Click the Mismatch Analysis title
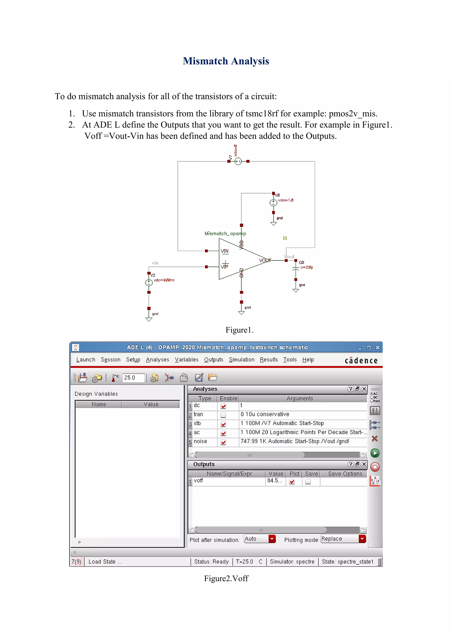(226, 61)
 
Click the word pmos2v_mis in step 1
(353, 114)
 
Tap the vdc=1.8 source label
(285, 200)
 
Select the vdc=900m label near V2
(164, 280)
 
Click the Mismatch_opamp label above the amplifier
(225, 233)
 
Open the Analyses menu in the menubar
(157, 360)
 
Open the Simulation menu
(241, 360)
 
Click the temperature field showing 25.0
(133, 378)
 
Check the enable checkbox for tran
(223, 415)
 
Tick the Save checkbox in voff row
(308, 481)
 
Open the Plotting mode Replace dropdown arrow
(362, 539)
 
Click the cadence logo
(361, 361)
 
